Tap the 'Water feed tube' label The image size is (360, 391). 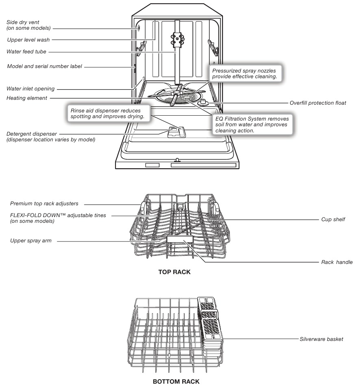(27, 52)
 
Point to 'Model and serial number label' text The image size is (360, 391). (45, 66)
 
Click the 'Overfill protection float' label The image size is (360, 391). (318, 103)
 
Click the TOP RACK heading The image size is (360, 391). (174, 272)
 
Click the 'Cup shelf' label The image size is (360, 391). (333, 219)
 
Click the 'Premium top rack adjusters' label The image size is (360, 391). (44, 203)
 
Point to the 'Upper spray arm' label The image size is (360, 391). (31, 241)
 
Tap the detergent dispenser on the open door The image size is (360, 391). (175, 132)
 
